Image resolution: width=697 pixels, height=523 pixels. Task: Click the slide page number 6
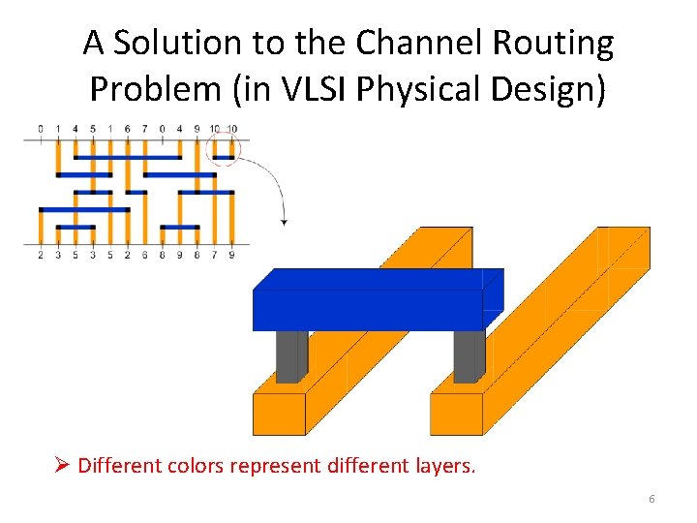(652, 498)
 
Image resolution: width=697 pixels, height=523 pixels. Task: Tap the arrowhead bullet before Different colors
(61, 466)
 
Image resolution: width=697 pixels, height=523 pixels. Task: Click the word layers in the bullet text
(440, 466)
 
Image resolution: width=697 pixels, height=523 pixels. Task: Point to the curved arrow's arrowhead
(284, 222)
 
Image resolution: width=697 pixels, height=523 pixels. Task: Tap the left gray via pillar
(290, 356)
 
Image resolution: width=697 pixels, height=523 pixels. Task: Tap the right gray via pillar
(469, 356)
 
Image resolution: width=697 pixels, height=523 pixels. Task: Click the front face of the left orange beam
(279, 414)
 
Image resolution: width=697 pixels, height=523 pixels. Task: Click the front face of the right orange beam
(456, 414)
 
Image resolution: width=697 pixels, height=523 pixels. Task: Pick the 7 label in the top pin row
(145, 128)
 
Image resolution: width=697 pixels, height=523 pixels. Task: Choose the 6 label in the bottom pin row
(145, 256)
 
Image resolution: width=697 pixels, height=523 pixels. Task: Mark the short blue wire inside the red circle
(224, 157)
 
